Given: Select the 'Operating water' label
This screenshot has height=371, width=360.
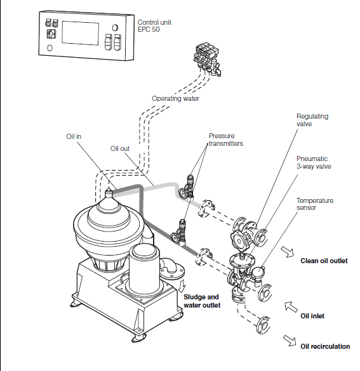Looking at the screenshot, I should pyautogui.click(x=175, y=98).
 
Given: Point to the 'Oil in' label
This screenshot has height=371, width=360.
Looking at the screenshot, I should pyautogui.click(x=74, y=136).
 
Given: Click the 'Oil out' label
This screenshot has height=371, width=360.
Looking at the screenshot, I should pyautogui.click(x=120, y=148).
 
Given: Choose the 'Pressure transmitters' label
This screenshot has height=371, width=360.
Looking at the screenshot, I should pyautogui.click(x=227, y=140).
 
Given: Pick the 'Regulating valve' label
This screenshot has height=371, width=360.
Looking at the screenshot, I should pyautogui.click(x=312, y=120).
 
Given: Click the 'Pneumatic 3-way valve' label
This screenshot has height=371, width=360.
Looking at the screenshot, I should pyautogui.click(x=314, y=162).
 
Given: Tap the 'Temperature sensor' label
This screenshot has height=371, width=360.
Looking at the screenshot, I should pyautogui.click(x=315, y=204).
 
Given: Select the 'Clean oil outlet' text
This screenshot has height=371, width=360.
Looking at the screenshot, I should pyautogui.click(x=324, y=261).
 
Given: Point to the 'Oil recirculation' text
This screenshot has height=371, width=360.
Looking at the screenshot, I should pyautogui.click(x=325, y=346).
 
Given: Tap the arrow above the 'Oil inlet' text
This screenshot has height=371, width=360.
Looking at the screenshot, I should pyautogui.click(x=291, y=306).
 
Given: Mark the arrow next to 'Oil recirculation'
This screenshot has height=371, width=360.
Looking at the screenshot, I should pyautogui.click(x=290, y=342).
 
